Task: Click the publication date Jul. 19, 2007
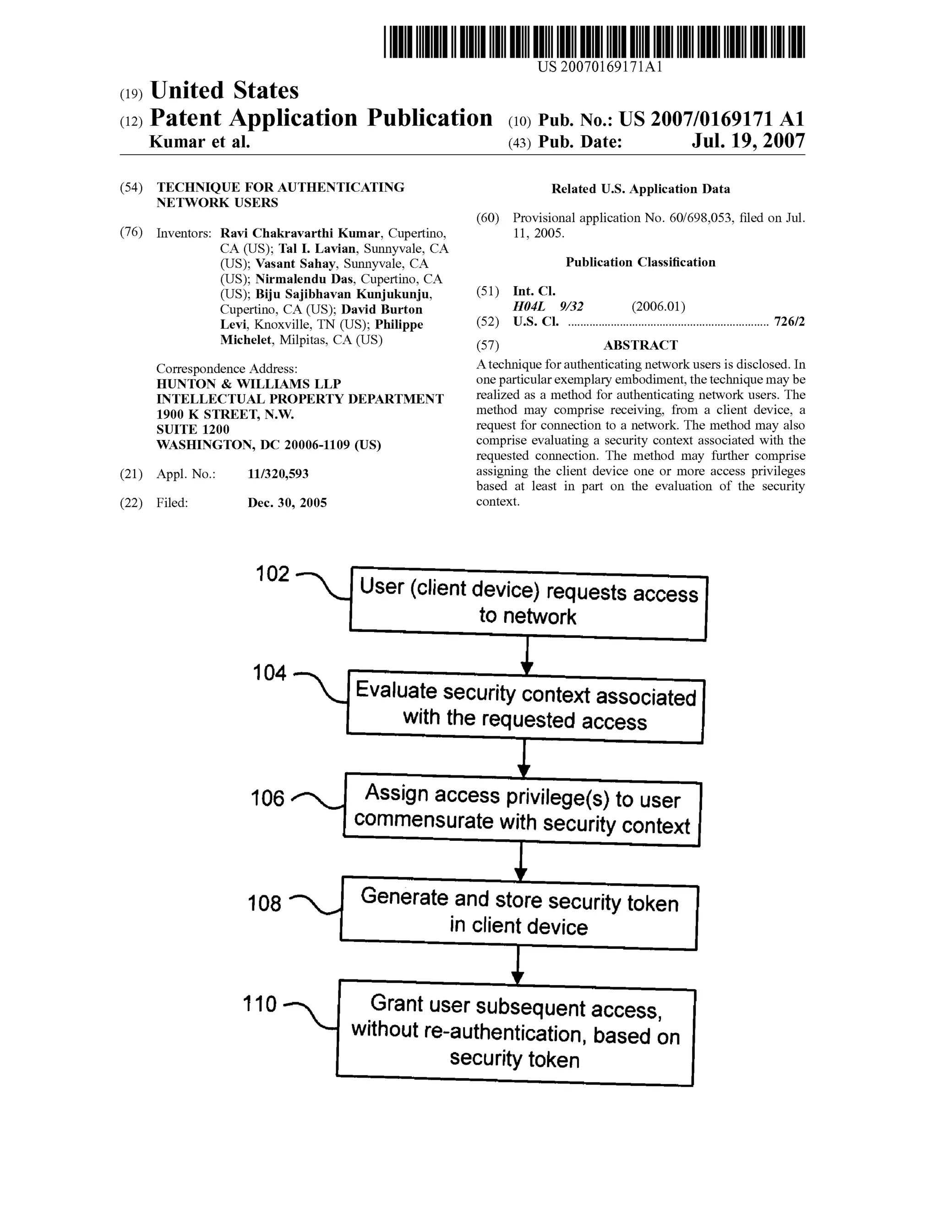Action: coord(747,141)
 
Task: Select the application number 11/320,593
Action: coord(278,474)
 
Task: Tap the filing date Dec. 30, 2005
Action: coord(287,503)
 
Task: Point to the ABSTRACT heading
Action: coord(640,345)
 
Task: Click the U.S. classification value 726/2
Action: coord(789,321)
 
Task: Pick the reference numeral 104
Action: coord(270,673)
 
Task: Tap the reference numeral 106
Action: coord(267,798)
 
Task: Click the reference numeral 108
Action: coord(265,904)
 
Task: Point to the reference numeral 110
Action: coord(260,1004)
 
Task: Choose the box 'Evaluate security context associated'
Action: coord(525,707)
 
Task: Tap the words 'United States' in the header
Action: coord(224,90)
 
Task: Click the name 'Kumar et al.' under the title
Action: coord(200,142)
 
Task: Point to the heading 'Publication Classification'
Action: coord(640,262)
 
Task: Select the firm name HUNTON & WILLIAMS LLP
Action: coord(249,384)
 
